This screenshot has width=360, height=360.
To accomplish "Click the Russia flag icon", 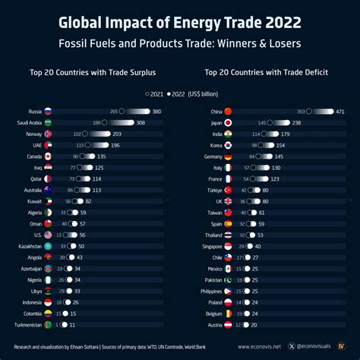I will click(48, 112).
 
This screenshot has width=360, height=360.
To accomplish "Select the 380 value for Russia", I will click(156, 112).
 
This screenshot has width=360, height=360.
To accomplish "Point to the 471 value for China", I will click(340, 112).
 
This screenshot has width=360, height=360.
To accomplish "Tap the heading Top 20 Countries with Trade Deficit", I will click(266, 74).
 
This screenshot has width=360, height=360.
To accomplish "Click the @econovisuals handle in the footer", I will click(315, 346).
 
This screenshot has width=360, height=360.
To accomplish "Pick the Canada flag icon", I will click(48, 156).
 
